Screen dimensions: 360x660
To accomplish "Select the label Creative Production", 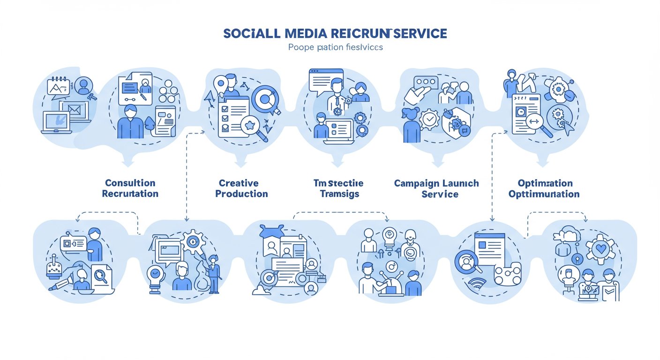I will point(241,188).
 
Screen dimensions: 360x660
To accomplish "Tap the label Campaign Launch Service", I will point(436,188).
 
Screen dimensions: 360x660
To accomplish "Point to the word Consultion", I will point(130,183).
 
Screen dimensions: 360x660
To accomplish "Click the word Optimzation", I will point(545,183).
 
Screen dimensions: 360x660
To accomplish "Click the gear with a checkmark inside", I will point(429,119).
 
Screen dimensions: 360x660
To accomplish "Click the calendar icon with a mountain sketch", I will point(59,87).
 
